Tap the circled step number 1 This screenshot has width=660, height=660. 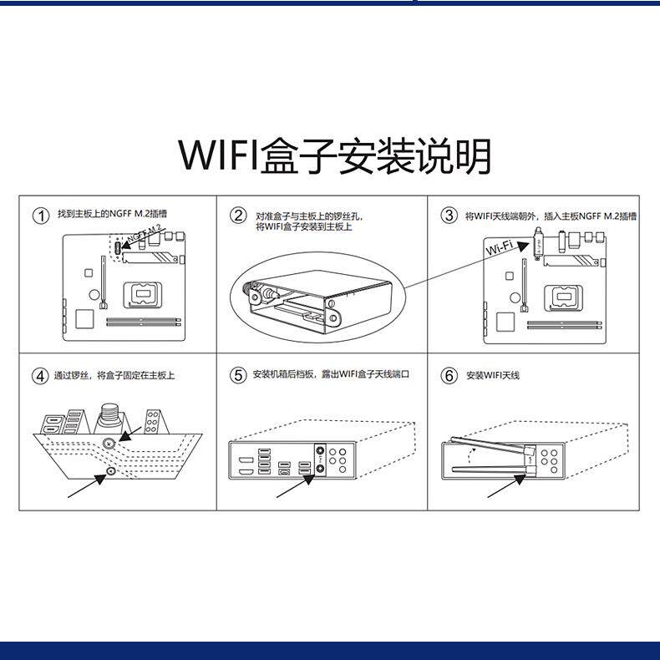(x=40, y=216)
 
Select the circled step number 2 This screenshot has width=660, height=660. (x=239, y=216)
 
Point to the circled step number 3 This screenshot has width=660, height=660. (x=449, y=216)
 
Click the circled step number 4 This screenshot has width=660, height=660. (x=40, y=375)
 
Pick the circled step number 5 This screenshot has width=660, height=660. (x=239, y=375)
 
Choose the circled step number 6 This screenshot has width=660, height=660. (x=449, y=375)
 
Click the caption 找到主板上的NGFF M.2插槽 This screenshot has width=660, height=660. (x=112, y=215)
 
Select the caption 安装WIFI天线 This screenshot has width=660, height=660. (x=493, y=375)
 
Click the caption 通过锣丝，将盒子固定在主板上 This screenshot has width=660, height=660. (x=114, y=375)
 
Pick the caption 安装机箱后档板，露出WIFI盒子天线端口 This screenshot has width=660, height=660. (x=332, y=375)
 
